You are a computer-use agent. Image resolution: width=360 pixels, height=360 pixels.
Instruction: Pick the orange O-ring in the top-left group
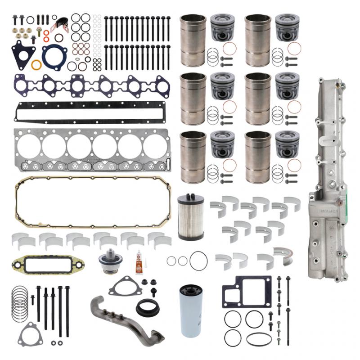click(36, 65)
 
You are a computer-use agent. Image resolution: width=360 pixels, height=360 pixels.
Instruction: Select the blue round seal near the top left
click(54, 56)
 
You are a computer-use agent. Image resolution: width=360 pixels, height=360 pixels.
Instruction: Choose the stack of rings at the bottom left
click(20, 302)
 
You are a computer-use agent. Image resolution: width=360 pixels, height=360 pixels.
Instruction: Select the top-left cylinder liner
click(193, 40)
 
